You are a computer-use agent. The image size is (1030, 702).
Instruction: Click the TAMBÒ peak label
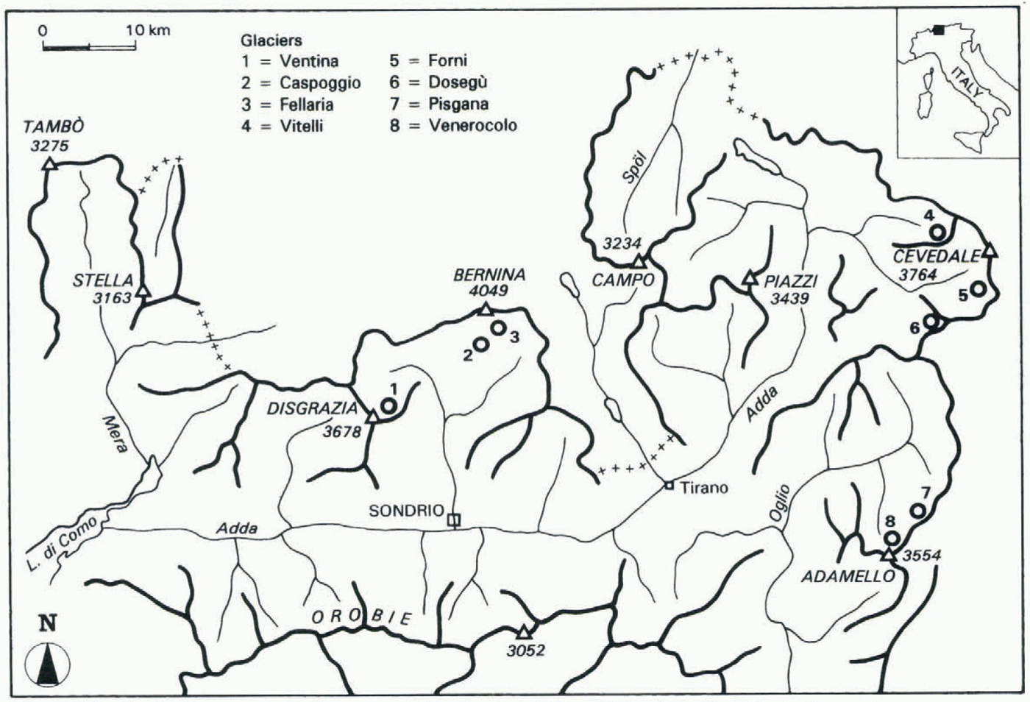pyautogui.click(x=53, y=126)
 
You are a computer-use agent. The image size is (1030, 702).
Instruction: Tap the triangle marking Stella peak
pyautogui.click(x=144, y=291)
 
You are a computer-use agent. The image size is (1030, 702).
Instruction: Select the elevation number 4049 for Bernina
pyautogui.click(x=489, y=291)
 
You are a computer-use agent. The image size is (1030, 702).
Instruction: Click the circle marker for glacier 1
pyautogui.click(x=388, y=405)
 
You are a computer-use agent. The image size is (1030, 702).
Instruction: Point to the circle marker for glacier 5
pyautogui.click(x=978, y=288)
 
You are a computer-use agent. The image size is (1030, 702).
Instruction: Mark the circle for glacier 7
pyautogui.click(x=917, y=510)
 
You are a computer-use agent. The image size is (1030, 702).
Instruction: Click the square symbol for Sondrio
pyautogui.click(x=454, y=520)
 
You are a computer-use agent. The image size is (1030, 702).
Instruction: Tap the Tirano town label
pyautogui.click(x=704, y=487)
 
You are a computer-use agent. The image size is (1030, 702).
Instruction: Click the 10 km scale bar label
pyautogui.click(x=147, y=31)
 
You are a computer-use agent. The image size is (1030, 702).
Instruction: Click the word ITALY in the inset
pyautogui.click(x=966, y=82)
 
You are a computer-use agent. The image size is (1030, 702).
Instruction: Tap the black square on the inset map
pyautogui.click(x=939, y=30)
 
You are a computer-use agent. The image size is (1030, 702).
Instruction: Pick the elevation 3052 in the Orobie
pyautogui.click(x=525, y=650)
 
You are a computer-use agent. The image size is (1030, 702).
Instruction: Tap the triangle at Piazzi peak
pyautogui.click(x=750, y=277)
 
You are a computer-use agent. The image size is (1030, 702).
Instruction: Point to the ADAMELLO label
pyautogui.click(x=848, y=577)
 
